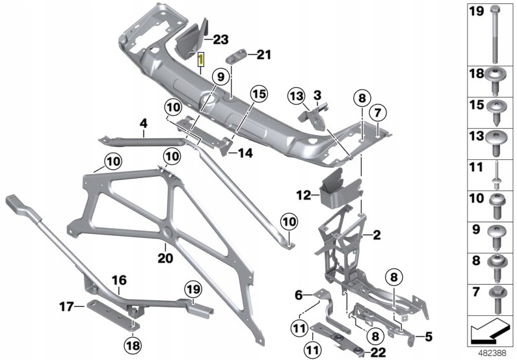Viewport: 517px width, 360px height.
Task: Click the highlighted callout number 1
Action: point(200,59)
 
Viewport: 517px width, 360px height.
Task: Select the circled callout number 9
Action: point(220,77)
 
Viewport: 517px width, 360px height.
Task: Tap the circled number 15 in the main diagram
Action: point(259,94)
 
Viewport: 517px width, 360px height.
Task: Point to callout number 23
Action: point(220,40)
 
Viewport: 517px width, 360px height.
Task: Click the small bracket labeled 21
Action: point(235,58)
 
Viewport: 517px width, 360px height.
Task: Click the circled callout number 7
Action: point(378,113)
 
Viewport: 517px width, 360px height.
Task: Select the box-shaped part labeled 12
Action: point(340,190)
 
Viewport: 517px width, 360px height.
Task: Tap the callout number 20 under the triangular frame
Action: point(165,258)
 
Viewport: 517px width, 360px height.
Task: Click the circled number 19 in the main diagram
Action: point(193,290)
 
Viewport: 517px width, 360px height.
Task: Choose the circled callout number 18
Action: point(133,346)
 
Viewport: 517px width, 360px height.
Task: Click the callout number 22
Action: point(378,353)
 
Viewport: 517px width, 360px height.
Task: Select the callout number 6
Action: point(298,295)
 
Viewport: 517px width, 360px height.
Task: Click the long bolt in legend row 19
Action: point(494,34)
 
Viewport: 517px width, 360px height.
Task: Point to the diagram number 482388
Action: point(492,353)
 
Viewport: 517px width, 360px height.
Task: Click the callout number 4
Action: point(144,124)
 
